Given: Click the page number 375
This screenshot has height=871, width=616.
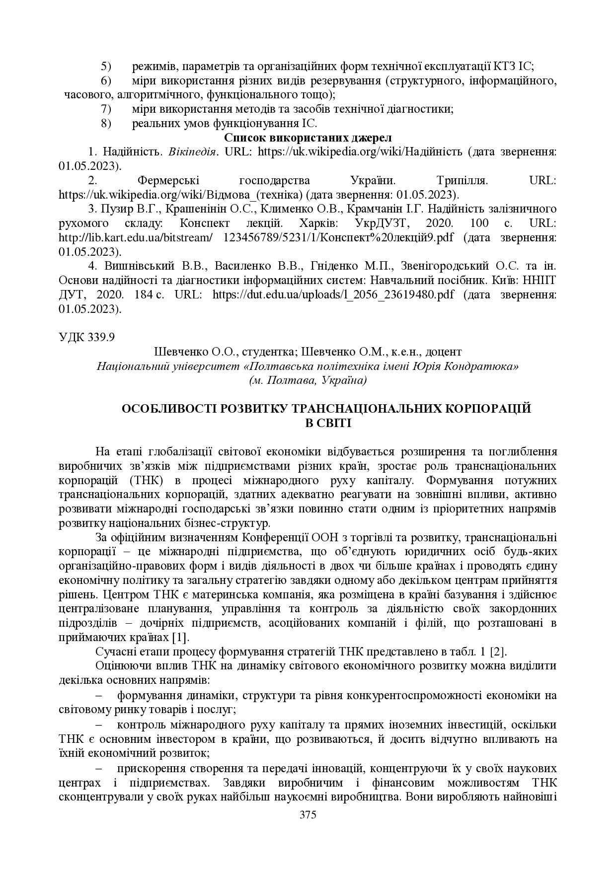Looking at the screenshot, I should pyautogui.click(x=308, y=814).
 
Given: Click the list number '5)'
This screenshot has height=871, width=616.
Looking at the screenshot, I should pyautogui.click(x=107, y=66).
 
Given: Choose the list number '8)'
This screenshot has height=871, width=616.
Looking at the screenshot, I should pyautogui.click(x=107, y=123).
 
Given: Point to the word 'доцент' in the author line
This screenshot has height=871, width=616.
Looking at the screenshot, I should pyautogui.click(x=445, y=352).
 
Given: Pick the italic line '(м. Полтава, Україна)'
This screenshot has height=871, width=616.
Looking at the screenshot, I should pyautogui.click(x=308, y=380).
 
